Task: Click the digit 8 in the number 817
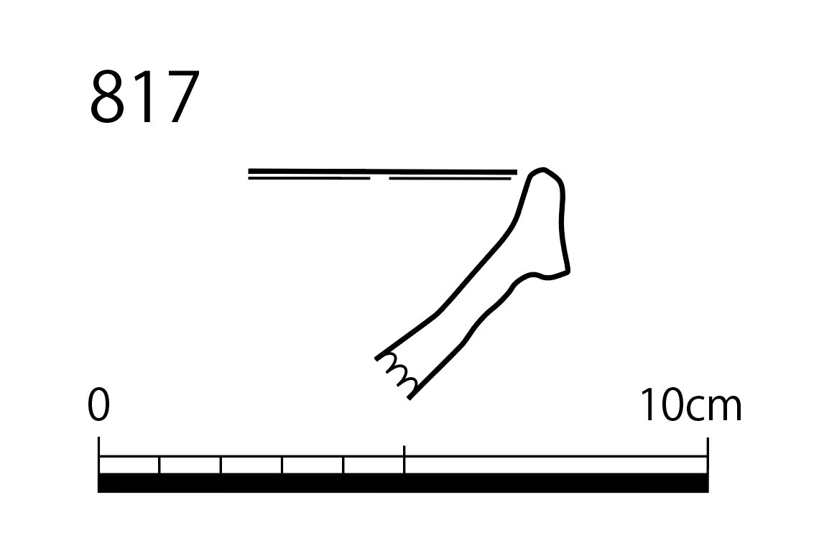108,97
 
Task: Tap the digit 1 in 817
144,96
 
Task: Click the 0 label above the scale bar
98,404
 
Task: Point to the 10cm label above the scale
690,404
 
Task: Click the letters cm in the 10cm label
714,409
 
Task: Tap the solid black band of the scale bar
403,483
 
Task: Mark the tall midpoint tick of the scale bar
404,460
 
